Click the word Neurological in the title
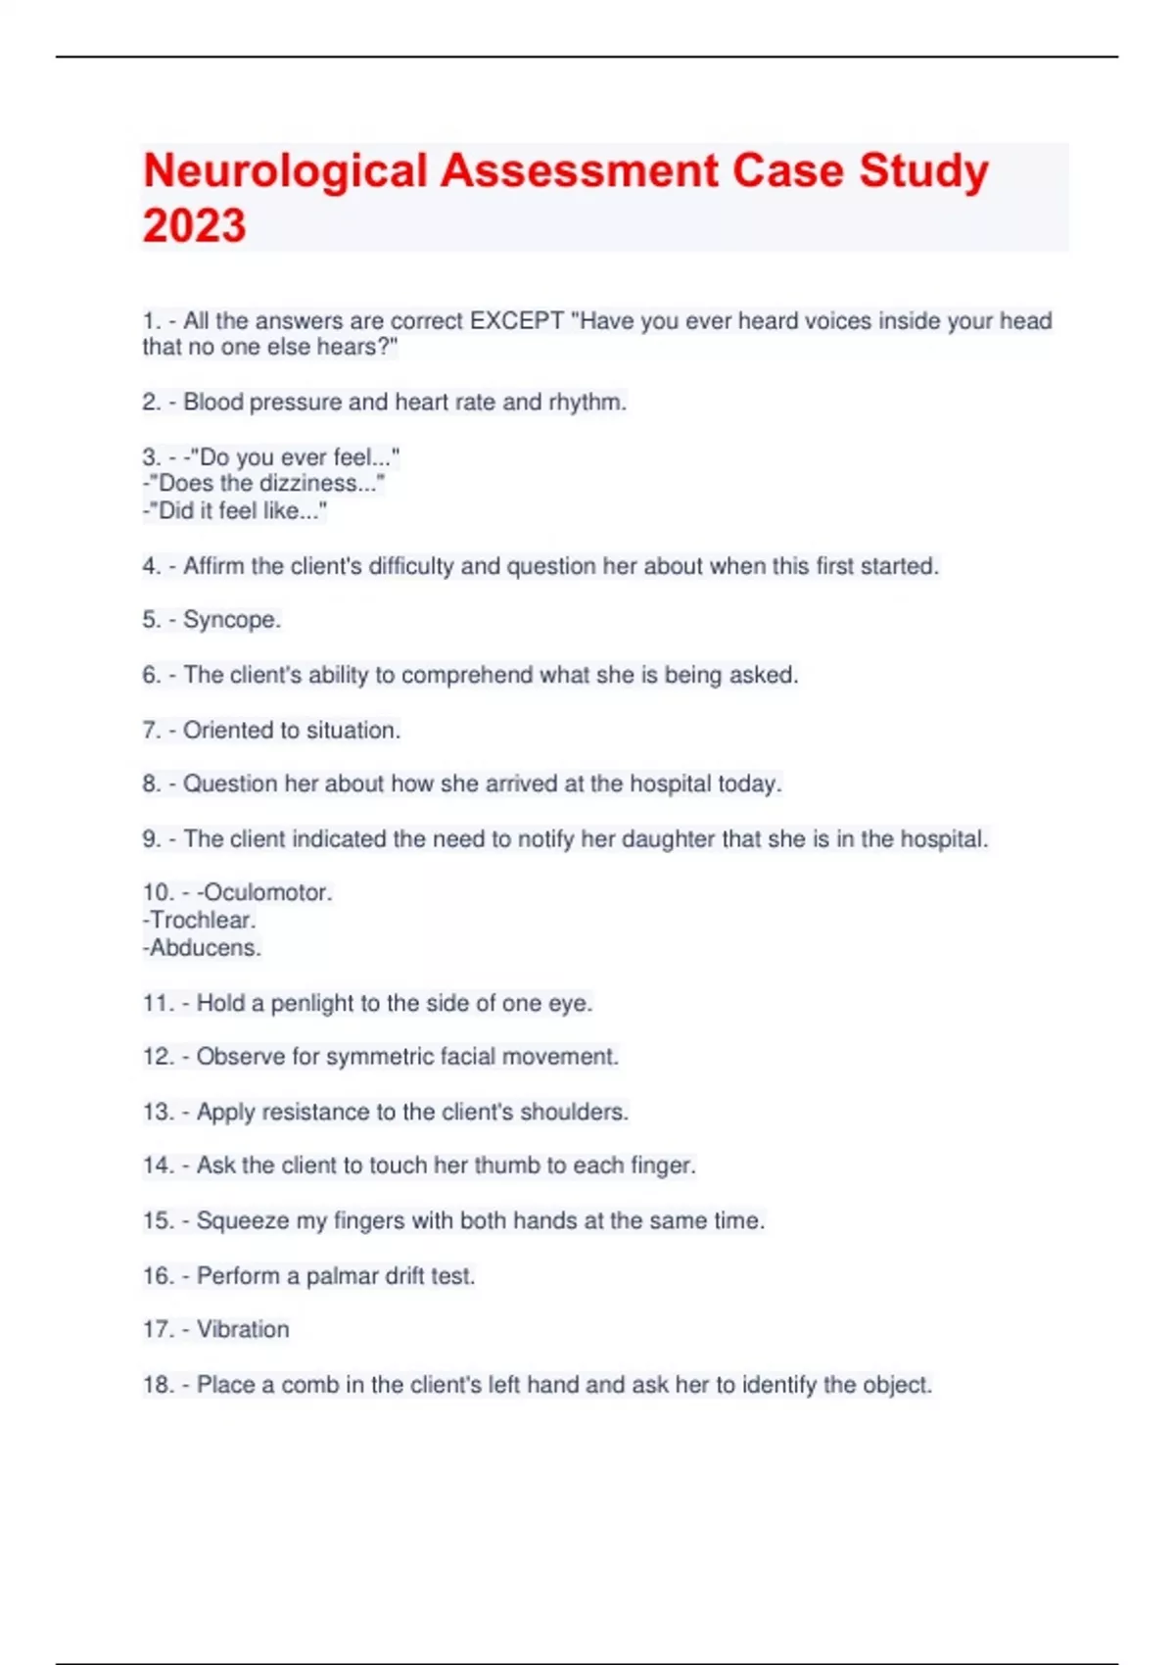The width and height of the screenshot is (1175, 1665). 285,171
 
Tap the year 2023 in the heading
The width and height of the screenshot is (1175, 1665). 194,226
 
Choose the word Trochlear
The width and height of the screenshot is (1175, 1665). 202,921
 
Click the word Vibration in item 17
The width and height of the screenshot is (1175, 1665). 243,1330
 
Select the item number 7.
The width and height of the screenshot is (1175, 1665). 152,731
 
